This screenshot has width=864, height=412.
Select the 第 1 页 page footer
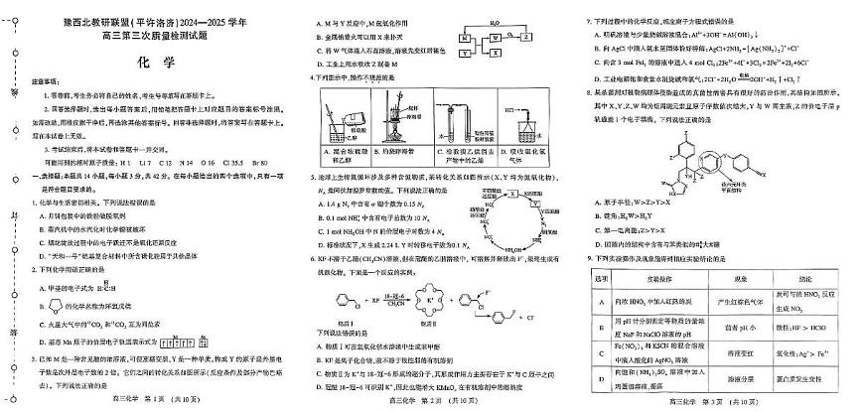(x=141, y=398)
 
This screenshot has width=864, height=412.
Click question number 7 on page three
(x=589, y=19)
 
